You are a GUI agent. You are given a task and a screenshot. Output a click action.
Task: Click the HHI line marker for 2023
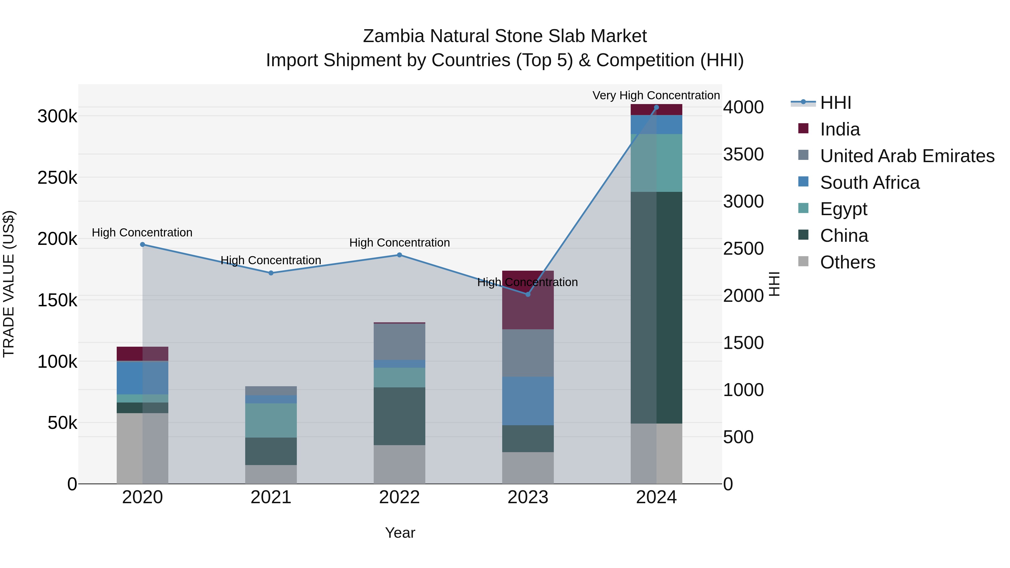click(x=528, y=294)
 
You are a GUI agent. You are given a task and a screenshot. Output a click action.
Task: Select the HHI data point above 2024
click(x=656, y=107)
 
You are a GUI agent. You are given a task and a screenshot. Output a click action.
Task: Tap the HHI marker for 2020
click(x=142, y=245)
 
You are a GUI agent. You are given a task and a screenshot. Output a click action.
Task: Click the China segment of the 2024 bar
click(x=656, y=307)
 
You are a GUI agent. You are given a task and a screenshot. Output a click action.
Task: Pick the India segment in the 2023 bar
click(x=528, y=300)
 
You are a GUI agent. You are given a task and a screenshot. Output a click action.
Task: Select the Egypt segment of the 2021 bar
click(x=271, y=420)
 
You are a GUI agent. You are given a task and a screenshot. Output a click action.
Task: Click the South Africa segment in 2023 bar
click(x=528, y=401)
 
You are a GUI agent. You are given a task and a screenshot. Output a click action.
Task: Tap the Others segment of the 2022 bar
click(x=399, y=464)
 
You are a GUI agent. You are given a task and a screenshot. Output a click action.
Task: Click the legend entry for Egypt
click(x=843, y=209)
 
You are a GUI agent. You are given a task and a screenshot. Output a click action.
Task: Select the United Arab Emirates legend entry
click(x=907, y=156)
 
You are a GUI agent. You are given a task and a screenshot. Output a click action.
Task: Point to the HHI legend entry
click(x=835, y=103)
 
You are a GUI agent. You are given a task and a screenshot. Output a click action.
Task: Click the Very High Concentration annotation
click(x=656, y=95)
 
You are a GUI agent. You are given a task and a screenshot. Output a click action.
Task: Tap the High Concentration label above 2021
click(x=271, y=260)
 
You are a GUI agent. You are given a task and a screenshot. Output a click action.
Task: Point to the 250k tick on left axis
click(x=57, y=178)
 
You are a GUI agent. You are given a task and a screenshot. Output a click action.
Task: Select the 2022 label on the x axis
click(x=399, y=497)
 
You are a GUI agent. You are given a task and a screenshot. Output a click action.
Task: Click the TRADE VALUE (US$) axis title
click(x=9, y=284)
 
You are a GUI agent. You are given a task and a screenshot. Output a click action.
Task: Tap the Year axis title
click(x=400, y=533)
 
